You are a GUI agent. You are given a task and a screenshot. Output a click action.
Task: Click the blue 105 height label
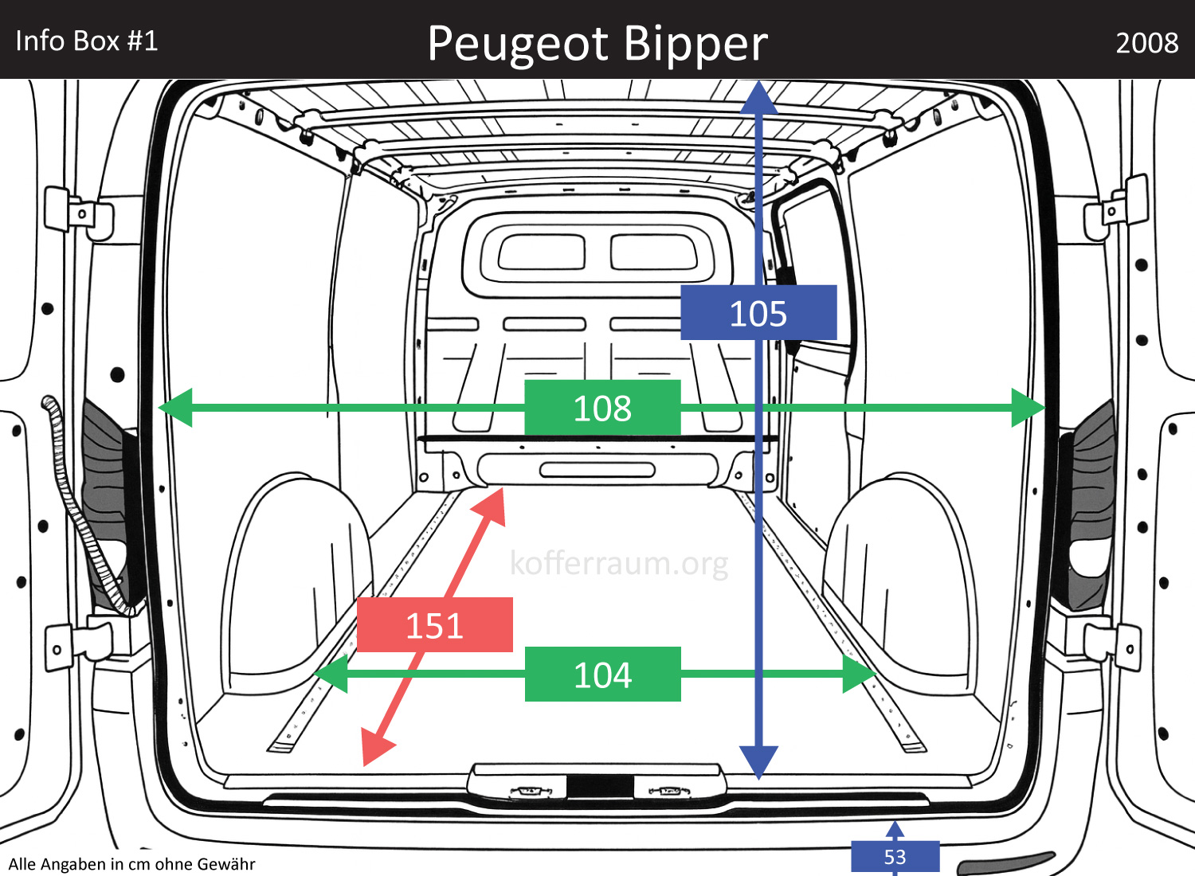(758, 313)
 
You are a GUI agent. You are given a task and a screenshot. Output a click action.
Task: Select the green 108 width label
(602, 408)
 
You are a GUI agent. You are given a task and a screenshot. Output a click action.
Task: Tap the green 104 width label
(602, 675)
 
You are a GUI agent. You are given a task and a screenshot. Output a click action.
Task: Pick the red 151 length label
(434, 625)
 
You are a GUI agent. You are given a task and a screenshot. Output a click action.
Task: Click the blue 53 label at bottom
(895, 857)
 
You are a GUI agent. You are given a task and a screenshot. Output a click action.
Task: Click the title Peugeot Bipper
(597, 43)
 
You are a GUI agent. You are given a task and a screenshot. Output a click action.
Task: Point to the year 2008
(1146, 43)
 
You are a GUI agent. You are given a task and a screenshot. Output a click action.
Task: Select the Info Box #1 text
(87, 41)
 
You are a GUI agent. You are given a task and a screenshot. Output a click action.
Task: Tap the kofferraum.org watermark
(619, 563)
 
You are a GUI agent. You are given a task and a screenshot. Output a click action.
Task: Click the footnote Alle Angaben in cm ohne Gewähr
(132, 864)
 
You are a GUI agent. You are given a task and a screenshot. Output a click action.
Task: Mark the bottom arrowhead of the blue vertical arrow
(758, 761)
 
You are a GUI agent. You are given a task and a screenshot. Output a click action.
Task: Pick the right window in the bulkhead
(654, 252)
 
